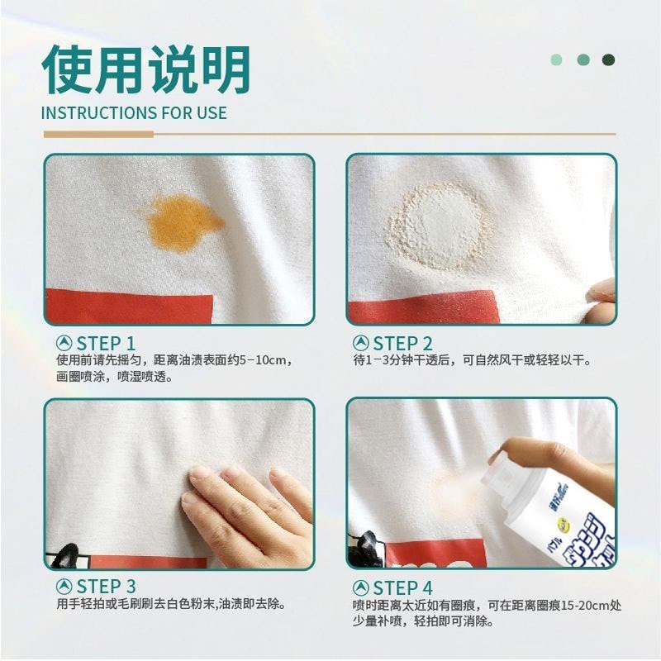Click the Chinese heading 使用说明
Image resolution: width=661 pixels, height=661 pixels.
click(x=146, y=69)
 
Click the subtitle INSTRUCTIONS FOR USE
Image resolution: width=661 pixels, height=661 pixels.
click(x=134, y=113)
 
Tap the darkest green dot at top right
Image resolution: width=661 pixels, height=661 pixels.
click(x=608, y=59)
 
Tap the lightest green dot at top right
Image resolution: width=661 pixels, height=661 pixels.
click(x=556, y=59)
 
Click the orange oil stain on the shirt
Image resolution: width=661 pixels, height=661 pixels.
click(x=182, y=223)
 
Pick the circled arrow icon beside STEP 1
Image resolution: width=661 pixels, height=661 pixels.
click(x=64, y=344)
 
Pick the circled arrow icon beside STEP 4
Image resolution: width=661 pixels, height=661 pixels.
click(x=361, y=587)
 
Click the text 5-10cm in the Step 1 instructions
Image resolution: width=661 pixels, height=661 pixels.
click(x=263, y=360)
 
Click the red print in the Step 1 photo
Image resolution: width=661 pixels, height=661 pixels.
click(x=130, y=306)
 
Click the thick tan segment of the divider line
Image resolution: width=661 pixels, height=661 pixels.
click(x=98, y=135)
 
